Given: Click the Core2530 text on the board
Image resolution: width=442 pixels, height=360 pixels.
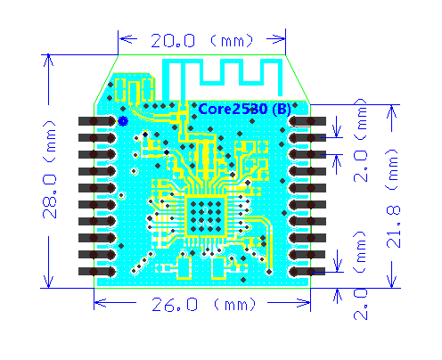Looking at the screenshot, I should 231,108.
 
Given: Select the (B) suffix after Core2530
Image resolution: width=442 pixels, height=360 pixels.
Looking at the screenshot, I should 280,108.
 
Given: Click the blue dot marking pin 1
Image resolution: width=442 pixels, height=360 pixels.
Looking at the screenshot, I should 123,120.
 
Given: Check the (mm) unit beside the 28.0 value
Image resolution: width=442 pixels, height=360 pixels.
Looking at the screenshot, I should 51,135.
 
